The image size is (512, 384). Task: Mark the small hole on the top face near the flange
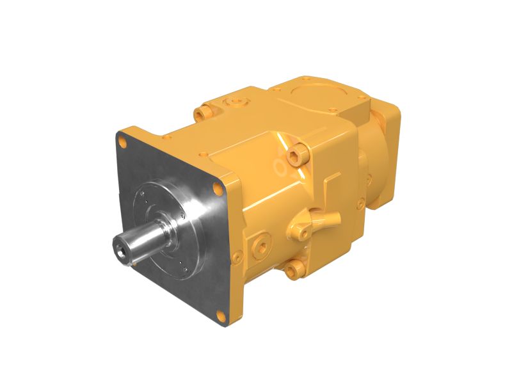point(204,154)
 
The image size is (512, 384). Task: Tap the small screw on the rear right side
point(362,203)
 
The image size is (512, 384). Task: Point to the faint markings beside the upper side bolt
point(280,168)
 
